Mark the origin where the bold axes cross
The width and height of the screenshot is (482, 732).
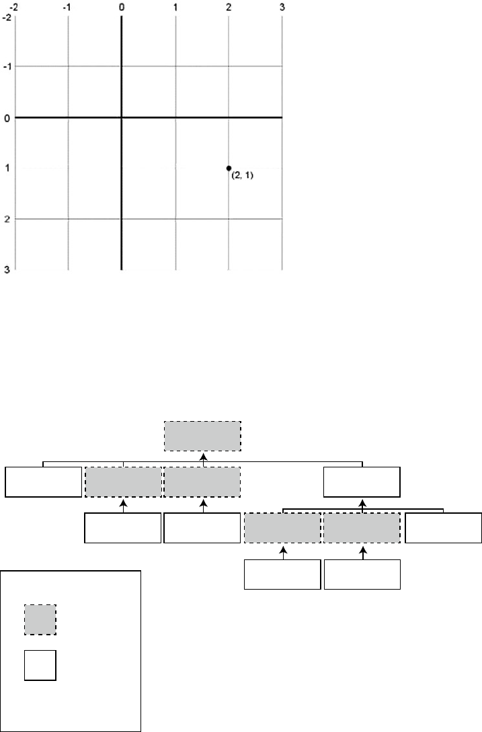click(x=121, y=118)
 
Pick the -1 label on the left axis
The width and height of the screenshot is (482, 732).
click(x=5, y=66)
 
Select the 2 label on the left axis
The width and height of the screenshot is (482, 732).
click(x=6, y=219)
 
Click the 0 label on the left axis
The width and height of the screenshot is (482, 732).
click(x=6, y=118)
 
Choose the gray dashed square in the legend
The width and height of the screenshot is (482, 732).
click(x=40, y=619)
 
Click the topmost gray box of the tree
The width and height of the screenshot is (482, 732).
click(x=202, y=437)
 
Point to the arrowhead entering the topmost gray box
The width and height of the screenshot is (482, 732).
click(x=202, y=455)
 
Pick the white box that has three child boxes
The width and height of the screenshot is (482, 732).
click(x=362, y=482)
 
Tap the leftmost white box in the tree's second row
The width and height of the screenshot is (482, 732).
click(x=43, y=482)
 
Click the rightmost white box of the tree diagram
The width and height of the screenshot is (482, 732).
click(x=443, y=528)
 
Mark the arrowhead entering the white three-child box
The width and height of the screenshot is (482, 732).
click(x=362, y=501)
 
